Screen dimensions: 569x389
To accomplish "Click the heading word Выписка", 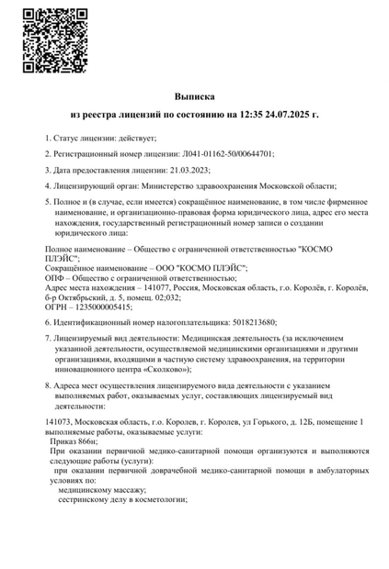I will click(x=194, y=95).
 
